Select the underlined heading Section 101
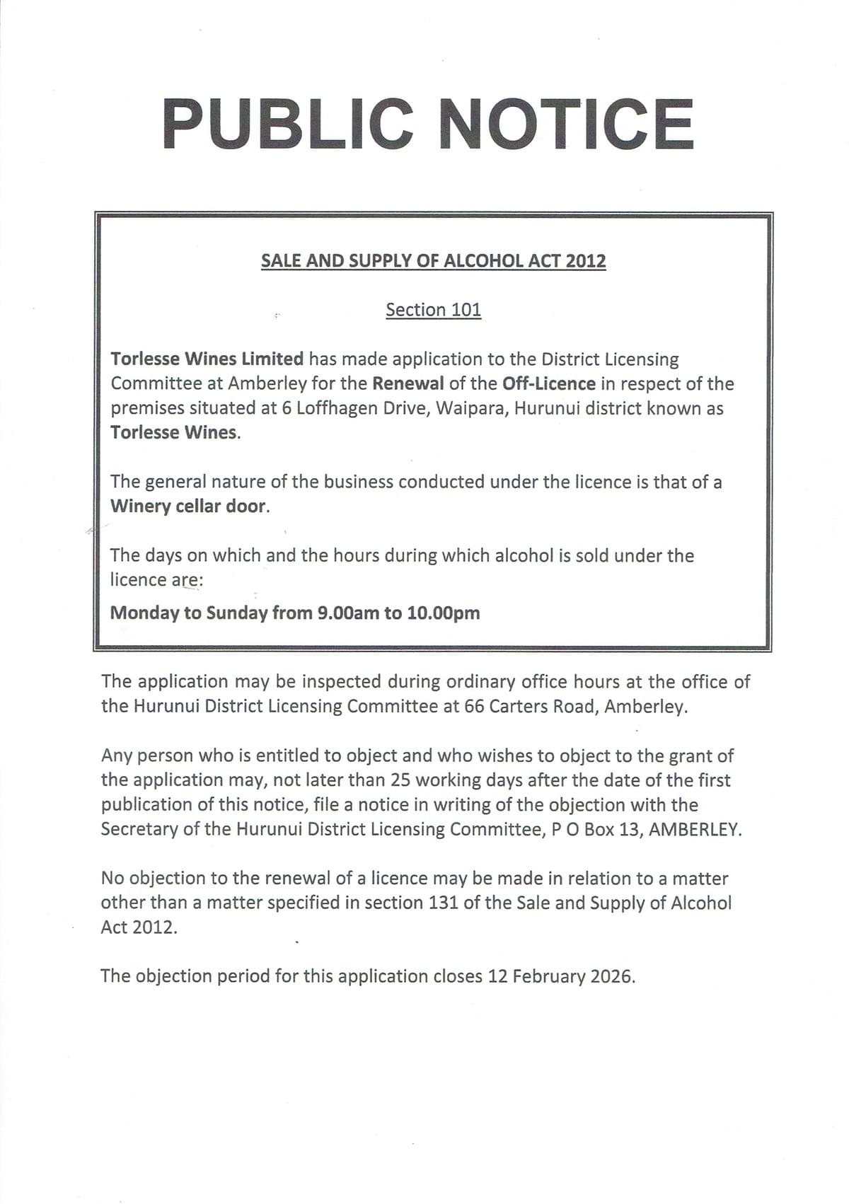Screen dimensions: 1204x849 coord(433,310)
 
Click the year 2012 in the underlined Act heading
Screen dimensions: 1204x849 coord(586,261)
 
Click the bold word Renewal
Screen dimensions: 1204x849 coord(408,383)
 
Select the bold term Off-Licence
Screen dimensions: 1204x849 coord(548,383)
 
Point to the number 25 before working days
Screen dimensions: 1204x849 coord(400,780)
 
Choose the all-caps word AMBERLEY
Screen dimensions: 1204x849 coord(695,829)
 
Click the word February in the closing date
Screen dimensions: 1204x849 coord(548,976)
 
